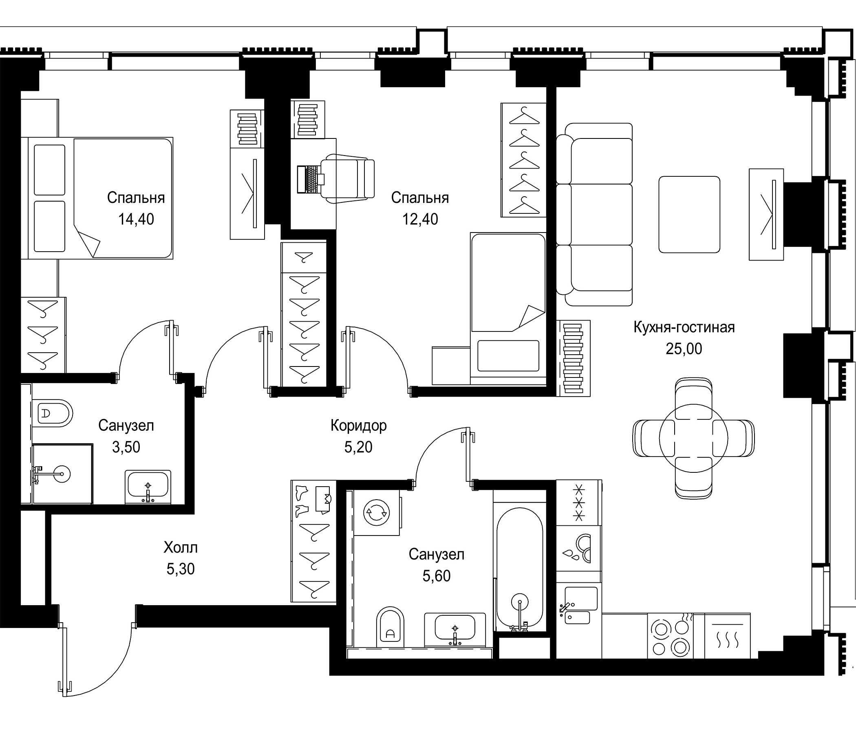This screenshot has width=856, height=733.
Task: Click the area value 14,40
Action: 136,219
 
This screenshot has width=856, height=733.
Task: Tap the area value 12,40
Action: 420,219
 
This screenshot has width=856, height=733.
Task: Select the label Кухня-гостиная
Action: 684,327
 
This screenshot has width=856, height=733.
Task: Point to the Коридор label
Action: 359,426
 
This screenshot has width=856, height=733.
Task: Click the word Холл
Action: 181,548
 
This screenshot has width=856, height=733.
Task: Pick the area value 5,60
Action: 436,576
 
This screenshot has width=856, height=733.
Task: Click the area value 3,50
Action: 126,447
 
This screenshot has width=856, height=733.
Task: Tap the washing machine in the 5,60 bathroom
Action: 377,513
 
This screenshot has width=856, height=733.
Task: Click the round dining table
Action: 694,438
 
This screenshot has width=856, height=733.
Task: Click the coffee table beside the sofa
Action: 690,215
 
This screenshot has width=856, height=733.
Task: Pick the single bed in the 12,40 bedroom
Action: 508,309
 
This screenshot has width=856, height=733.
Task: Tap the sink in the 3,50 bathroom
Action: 148,486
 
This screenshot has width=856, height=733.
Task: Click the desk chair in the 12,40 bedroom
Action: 349,179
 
